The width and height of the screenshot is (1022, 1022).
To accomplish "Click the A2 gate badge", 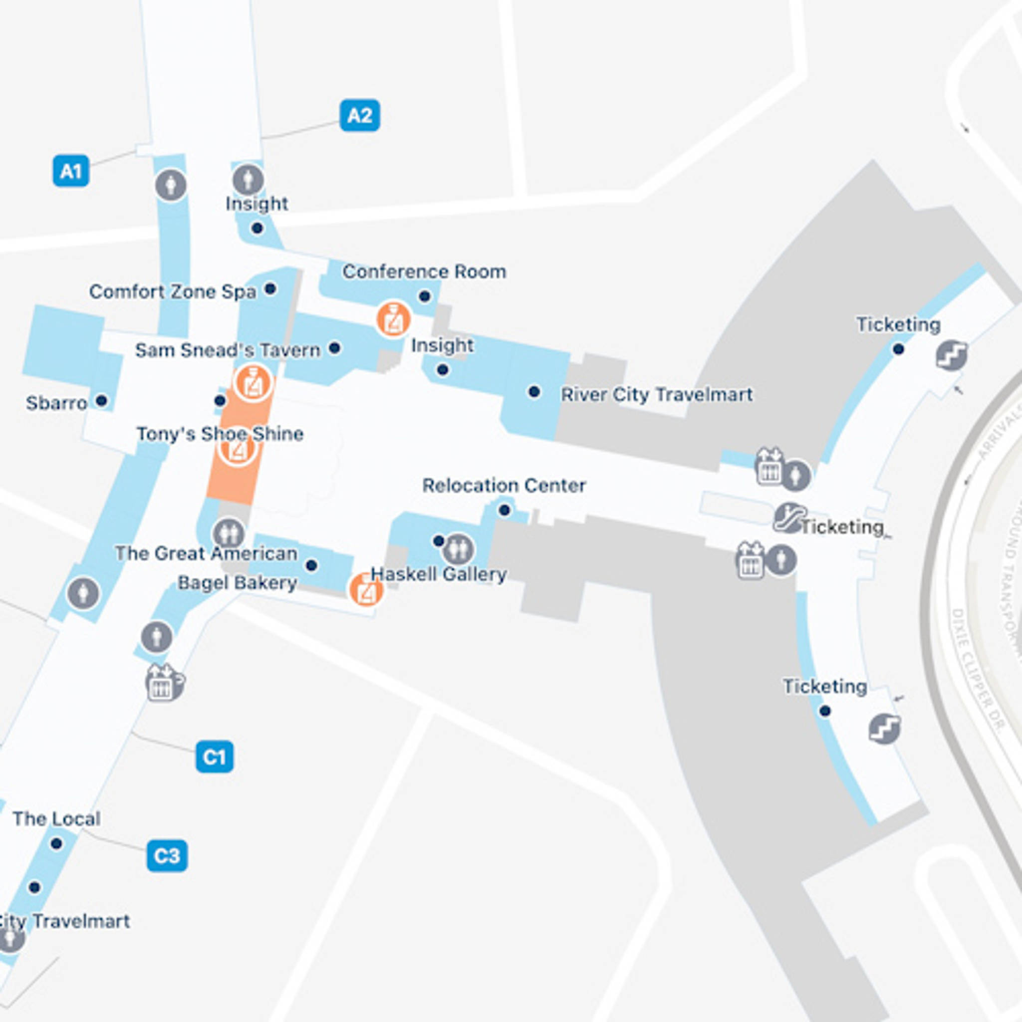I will click(x=360, y=115).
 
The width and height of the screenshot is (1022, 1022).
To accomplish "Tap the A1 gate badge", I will click(x=71, y=171).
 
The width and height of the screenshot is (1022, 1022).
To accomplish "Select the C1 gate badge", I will click(x=214, y=757).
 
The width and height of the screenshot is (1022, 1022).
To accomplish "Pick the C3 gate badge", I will click(x=167, y=855).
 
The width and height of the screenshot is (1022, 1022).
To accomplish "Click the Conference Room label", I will click(x=424, y=272).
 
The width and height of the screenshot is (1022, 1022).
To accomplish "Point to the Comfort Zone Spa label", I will click(x=173, y=291).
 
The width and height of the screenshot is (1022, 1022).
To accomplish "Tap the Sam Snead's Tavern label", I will click(x=228, y=350).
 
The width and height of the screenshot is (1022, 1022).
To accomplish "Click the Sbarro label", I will click(x=56, y=404).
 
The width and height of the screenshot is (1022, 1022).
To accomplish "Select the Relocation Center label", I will click(x=504, y=486).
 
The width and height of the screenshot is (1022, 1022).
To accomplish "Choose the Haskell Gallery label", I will click(x=439, y=574).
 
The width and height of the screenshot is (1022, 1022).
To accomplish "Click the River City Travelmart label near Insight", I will click(x=657, y=395).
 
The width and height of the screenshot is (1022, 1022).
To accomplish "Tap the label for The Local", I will click(x=56, y=819).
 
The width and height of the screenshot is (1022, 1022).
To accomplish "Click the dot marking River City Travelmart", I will click(x=534, y=392).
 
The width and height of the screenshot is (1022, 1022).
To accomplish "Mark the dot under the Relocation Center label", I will click(x=504, y=511).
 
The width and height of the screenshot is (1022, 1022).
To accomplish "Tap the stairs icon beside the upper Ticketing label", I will click(x=951, y=355).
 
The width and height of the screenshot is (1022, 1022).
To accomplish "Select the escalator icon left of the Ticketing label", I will click(x=789, y=518).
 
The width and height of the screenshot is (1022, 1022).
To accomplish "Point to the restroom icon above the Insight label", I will click(x=248, y=179).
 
